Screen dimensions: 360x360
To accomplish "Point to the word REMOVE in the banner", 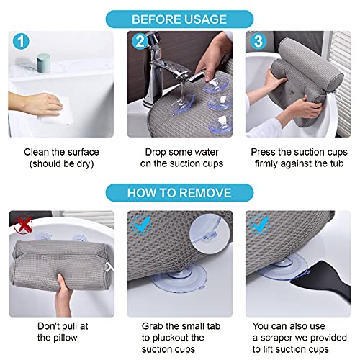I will tap(206, 194).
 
